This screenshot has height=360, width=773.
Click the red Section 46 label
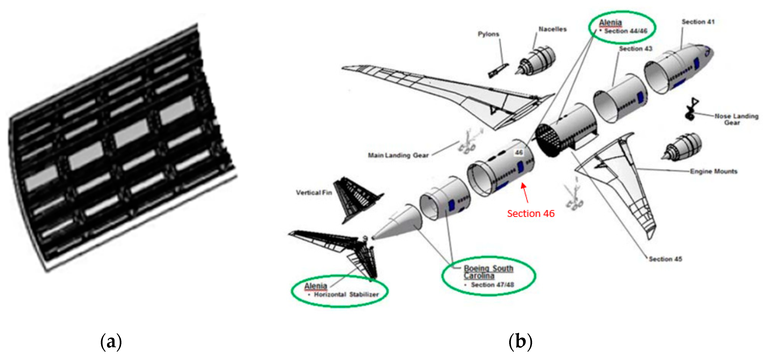click(x=530, y=213)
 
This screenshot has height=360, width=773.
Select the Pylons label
click(x=488, y=34)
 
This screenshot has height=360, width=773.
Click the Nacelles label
click(x=552, y=29)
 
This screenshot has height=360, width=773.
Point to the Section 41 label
click(x=698, y=22)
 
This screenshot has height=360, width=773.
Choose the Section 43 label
click(x=636, y=48)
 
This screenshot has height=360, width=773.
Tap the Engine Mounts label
click(x=713, y=171)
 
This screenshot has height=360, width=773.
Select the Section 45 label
click(x=665, y=259)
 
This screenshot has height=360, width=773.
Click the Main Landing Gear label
click(x=398, y=155)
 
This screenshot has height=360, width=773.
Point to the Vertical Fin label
click(x=314, y=192)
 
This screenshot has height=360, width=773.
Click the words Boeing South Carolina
click(x=488, y=272)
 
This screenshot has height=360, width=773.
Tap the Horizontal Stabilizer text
click(x=346, y=295)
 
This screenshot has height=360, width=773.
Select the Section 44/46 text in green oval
click(x=626, y=31)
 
